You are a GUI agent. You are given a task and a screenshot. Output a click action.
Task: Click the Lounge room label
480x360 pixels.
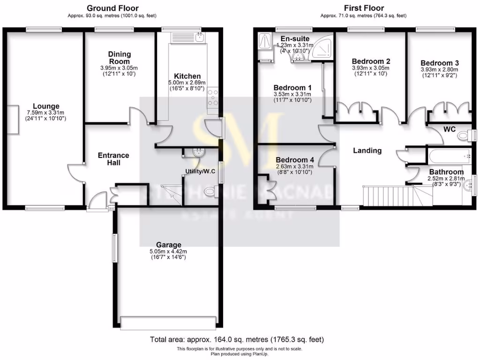point(46,106)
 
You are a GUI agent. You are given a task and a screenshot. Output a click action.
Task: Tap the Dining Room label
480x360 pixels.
point(120,58)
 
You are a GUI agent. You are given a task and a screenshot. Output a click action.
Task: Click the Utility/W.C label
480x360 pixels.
point(200,171)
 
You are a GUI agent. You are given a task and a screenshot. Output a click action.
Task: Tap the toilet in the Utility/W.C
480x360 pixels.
point(212,193)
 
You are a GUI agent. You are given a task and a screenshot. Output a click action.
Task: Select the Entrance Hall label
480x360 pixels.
point(113,159)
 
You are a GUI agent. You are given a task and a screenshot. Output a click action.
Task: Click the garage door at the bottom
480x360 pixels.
point(168,323)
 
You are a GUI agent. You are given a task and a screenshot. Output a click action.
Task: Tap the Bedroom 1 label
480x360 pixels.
point(292,88)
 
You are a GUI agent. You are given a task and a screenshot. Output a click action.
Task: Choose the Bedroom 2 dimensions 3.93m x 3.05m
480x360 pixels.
point(371,68)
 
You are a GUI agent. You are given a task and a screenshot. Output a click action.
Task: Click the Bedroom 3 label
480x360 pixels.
point(439,63)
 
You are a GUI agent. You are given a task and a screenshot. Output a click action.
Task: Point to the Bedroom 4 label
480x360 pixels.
point(295,159)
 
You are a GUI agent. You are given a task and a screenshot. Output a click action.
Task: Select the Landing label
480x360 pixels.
point(367,150)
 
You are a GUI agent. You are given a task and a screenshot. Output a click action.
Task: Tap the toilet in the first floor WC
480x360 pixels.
point(465,136)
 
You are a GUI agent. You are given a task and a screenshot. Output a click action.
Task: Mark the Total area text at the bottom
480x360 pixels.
point(237,339)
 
